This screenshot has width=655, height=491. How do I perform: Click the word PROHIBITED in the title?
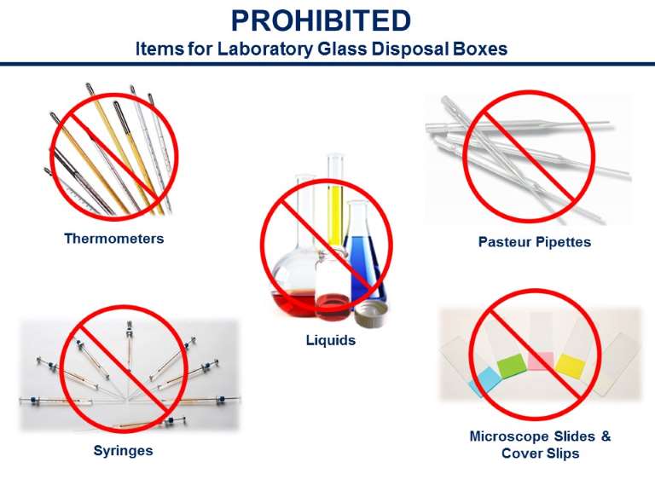[321, 20]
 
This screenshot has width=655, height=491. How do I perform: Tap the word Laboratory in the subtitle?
[265, 49]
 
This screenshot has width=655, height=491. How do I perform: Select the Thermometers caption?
[114, 239]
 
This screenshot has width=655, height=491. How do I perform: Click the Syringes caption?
[123, 451]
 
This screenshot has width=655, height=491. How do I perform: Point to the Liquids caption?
[331, 340]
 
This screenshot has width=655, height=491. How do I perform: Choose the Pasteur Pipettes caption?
[535, 242]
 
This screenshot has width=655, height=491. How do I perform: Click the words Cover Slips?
[541, 453]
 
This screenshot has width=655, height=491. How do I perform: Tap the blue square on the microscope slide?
[485, 381]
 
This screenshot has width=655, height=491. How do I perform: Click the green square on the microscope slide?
[512, 366]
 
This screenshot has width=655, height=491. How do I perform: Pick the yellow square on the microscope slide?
[571, 365]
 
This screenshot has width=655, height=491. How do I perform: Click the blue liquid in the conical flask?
[362, 267]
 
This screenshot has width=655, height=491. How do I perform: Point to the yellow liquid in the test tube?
[335, 217]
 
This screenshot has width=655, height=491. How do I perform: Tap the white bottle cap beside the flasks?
[371, 314]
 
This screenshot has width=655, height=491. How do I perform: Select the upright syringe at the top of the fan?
[130, 347]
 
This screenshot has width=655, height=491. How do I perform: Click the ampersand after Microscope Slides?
[606, 436]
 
